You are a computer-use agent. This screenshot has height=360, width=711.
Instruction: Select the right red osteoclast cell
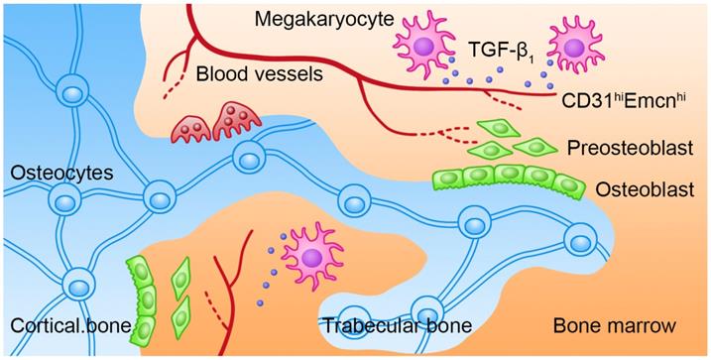(235, 118)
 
